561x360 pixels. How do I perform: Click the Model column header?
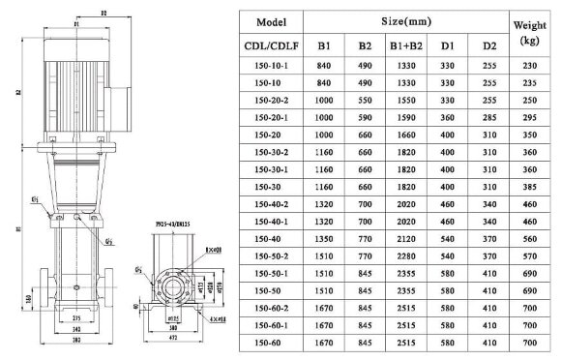click(270, 21)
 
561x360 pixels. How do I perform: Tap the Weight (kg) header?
click(529, 32)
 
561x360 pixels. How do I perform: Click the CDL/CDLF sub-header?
click(270, 45)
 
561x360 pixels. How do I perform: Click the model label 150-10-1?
click(270, 65)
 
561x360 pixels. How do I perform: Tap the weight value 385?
click(529, 187)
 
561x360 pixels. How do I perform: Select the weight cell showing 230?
click(529, 65)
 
